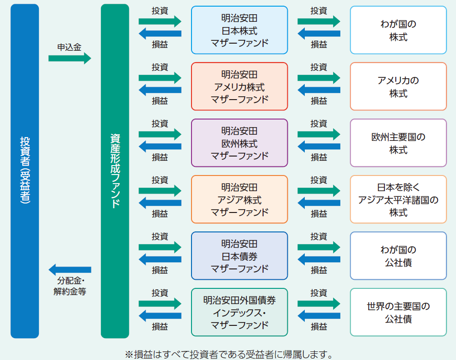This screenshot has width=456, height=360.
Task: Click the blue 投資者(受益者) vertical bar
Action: click(24, 171)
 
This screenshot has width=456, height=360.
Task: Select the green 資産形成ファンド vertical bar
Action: click(115, 171)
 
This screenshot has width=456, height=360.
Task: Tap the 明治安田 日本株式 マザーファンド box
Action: click(239, 30)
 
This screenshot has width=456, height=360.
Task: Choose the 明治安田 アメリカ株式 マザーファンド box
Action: click(239, 86)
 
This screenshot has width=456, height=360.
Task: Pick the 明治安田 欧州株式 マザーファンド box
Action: click(239, 143)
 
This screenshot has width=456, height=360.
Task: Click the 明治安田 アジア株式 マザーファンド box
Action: click(239, 199)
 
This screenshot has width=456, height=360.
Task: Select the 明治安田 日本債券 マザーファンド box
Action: click(239, 256)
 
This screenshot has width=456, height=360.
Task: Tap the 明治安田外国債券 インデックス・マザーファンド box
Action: click(239, 312)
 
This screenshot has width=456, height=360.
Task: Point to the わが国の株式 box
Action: click(398, 30)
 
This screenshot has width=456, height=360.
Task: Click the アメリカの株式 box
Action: click(398, 86)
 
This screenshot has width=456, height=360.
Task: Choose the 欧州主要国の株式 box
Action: click(398, 143)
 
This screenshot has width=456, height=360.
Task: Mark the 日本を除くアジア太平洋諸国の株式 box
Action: click(398, 199)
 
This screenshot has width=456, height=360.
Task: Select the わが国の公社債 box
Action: click(398, 256)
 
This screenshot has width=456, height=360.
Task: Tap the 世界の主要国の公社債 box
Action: click(398, 312)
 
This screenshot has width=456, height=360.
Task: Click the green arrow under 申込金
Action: click(69, 58)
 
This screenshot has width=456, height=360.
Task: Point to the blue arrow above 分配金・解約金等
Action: click(70, 269)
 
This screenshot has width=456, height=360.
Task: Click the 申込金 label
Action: click(69, 47)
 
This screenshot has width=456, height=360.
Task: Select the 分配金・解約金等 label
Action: click(70, 286)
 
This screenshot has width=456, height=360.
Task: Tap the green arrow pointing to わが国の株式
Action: click(319, 21)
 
